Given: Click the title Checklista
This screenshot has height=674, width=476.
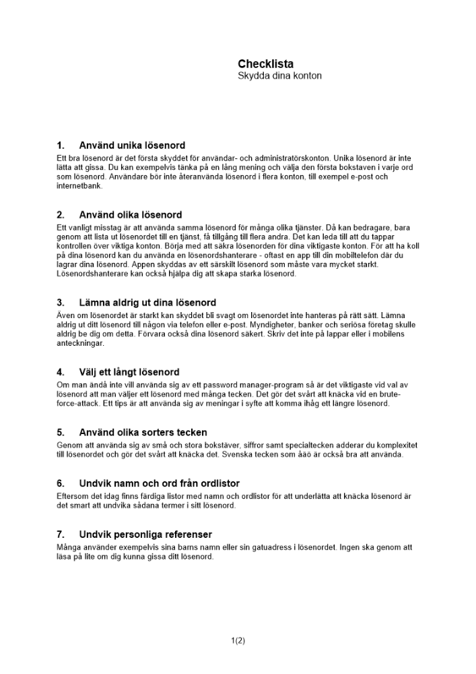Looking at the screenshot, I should point(265,64).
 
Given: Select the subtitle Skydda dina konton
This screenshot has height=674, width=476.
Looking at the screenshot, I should point(279,76).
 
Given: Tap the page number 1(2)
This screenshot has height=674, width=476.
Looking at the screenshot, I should point(238,640).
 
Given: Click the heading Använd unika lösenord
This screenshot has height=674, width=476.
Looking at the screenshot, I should point(132,145).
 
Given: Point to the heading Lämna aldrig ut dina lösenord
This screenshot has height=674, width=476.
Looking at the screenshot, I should point(147,303).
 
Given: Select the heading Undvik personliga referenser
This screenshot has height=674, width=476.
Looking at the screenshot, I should point(145,534).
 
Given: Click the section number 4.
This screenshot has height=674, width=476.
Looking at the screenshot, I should point(61,372).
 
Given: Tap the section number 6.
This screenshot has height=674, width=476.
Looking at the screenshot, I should point(61,483).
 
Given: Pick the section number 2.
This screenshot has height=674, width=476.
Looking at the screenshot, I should point(61,215).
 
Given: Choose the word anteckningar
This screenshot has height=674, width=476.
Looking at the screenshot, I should point(81,343).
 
